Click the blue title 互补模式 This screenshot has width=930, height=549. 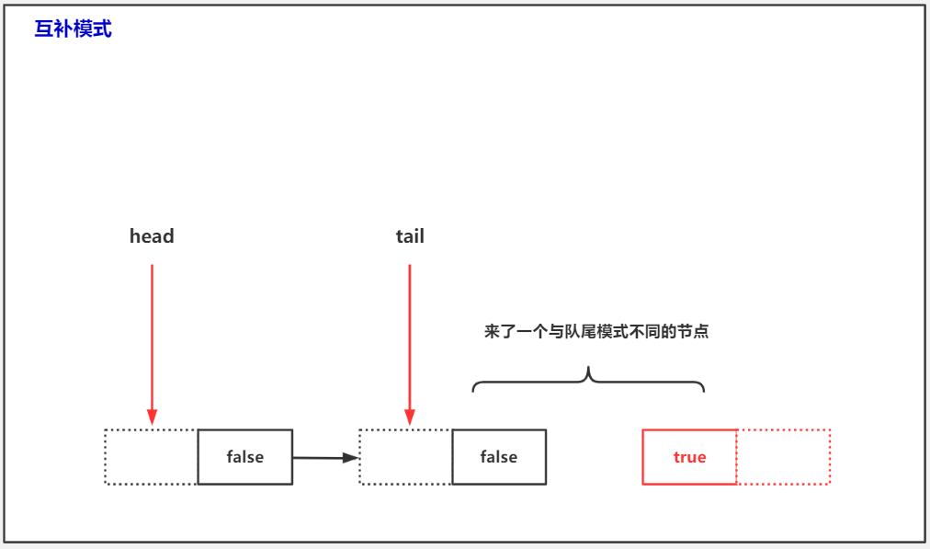pyautogui.click(x=74, y=29)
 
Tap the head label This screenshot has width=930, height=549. pyautogui.click(x=152, y=236)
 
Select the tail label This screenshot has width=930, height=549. pyautogui.click(x=410, y=236)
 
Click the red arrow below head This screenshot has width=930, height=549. pyautogui.click(x=152, y=340)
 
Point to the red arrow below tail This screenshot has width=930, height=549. pyautogui.click(x=410, y=340)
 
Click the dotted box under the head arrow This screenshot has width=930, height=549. pyautogui.click(x=152, y=457)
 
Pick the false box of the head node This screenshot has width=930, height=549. pyautogui.click(x=245, y=457)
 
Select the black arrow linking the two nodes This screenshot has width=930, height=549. pyautogui.click(x=322, y=457)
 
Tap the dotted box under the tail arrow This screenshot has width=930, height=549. pyautogui.click(x=406, y=457)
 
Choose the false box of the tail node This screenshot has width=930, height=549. pyautogui.click(x=499, y=457)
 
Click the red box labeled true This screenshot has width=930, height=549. pyautogui.click(x=689, y=457)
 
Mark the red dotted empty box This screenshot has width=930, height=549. pyautogui.click(x=784, y=457)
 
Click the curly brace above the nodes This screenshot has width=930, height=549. pyautogui.click(x=588, y=380)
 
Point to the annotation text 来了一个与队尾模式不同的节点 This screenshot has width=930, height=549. pyautogui.click(x=596, y=332)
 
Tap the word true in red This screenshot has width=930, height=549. pyautogui.click(x=689, y=457)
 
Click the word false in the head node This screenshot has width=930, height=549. pyautogui.click(x=245, y=457)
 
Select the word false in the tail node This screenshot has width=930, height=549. pyautogui.click(x=499, y=457)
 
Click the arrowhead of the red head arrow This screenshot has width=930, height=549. pyautogui.click(x=152, y=418)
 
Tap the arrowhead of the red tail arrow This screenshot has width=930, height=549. pyautogui.click(x=410, y=418)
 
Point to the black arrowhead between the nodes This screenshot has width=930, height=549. pyautogui.click(x=350, y=458)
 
